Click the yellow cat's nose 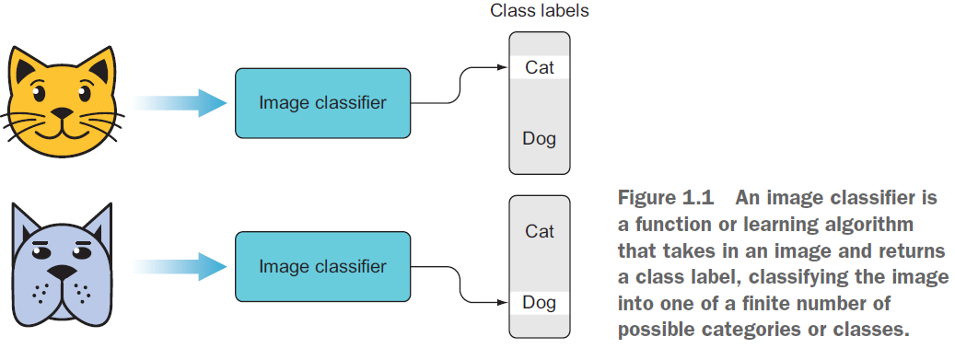pyautogui.click(x=62, y=115)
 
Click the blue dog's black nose pyautogui.click(x=61, y=273)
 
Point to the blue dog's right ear pyautogui.click(x=100, y=225)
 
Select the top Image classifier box pyautogui.click(x=322, y=102)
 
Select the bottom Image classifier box pyautogui.click(x=322, y=267)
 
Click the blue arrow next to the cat pyautogui.click(x=180, y=102)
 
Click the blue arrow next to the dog pyautogui.click(x=180, y=267)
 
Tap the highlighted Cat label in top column pyautogui.click(x=540, y=67)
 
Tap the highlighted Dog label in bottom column pyautogui.click(x=540, y=302)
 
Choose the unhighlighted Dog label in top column pyautogui.click(x=540, y=139)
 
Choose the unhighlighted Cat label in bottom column pyautogui.click(x=540, y=231)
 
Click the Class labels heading pyautogui.click(x=540, y=12)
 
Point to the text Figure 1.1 pyautogui.click(x=655, y=199)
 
